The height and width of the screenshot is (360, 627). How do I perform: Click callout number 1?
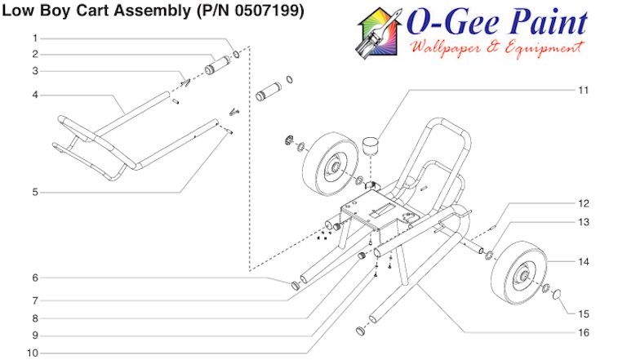pos(35,38)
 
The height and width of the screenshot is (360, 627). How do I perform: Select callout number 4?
pos(35,95)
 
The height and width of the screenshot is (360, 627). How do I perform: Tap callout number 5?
pos(35,193)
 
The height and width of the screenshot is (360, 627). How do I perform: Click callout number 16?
pos(583,332)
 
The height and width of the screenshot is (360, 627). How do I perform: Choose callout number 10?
pos(33,353)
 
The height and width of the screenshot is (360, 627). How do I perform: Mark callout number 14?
pos(583,262)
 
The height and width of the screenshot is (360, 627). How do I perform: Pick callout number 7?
pos(35,300)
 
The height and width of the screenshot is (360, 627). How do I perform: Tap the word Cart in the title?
pos(93,12)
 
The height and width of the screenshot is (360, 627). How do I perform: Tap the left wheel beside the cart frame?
pos(333,170)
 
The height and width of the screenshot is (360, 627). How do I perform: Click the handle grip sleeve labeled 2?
pos(217,64)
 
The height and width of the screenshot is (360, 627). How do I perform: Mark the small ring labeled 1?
pos(237,55)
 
